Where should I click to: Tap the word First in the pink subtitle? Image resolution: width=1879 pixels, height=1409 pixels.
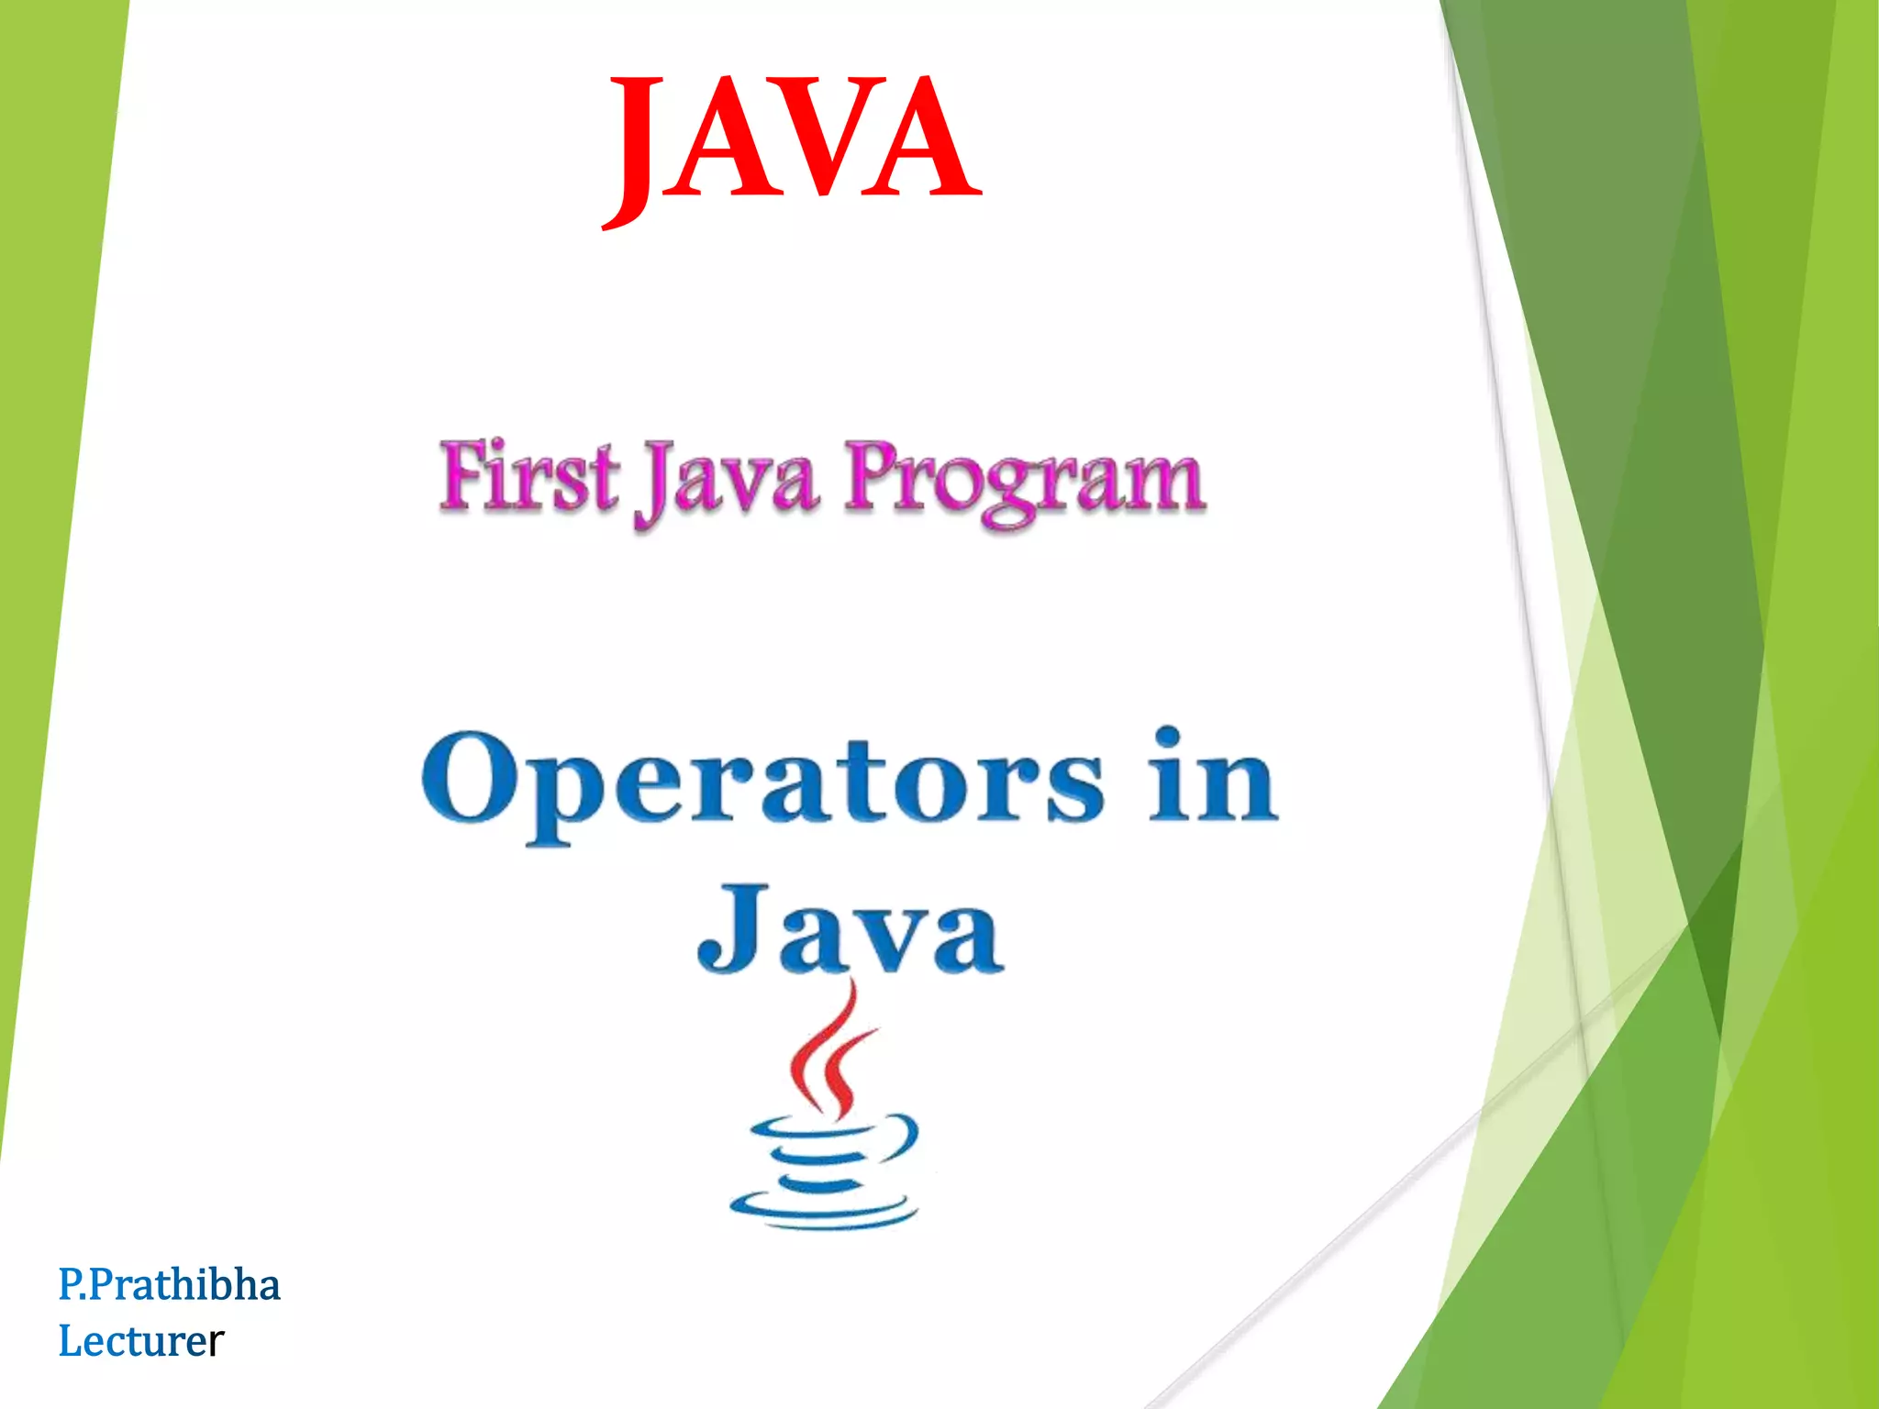(x=528, y=477)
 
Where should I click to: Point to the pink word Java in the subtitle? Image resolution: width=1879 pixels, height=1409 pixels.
(x=725, y=482)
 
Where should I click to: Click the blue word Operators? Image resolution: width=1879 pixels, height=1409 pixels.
(x=762, y=780)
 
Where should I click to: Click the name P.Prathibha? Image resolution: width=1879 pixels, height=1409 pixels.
(x=169, y=1284)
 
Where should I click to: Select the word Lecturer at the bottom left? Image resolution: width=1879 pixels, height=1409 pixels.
(x=140, y=1341)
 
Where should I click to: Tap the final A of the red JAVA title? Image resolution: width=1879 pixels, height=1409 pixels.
(x=927, y=138)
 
